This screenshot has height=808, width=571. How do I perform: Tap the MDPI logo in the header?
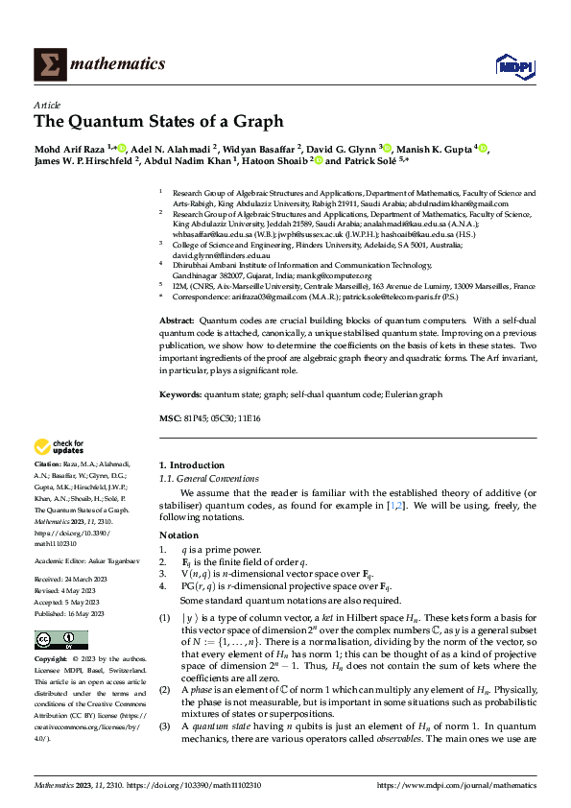(x=510, y=63)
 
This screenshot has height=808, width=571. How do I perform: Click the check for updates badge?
(x=59, y=446)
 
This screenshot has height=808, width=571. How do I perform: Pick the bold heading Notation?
(x=178, y=535)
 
